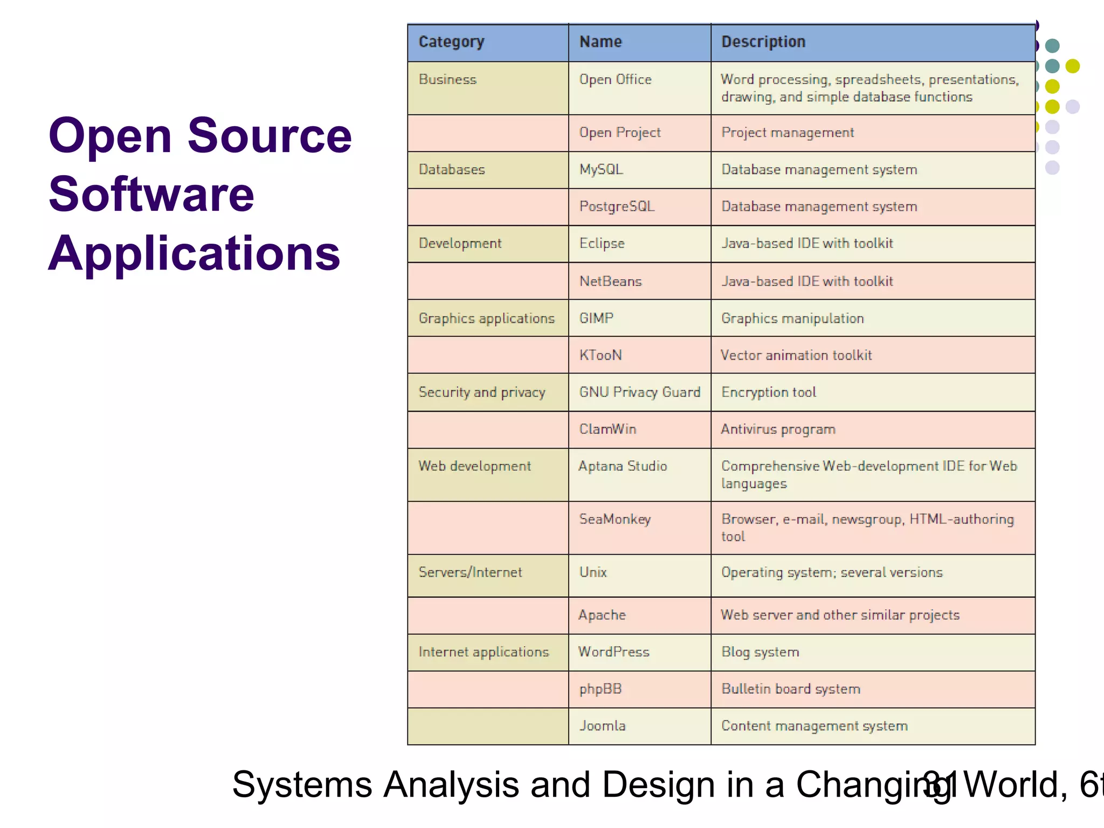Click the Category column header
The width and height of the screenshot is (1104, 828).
pyautogui.click(x=451, y=42)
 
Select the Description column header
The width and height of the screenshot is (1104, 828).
pyautogui.click(x=763, y=42)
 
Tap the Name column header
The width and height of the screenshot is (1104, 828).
pyautogui.click(x=601, y=42)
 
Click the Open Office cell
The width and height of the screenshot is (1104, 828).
pyautogui.click(x=615, y=80)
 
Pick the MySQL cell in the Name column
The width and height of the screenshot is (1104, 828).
pyautogui.click(x=601, y=170)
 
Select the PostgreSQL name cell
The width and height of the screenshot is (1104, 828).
pyautogui.click(x=617, y=206)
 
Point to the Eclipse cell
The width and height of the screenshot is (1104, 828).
pyautogui.click(x=602, y=244)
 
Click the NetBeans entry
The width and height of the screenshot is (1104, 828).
pyautogui.click(x=610, y=281)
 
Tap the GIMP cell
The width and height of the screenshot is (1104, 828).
pyautogui.click(x=596, y=318)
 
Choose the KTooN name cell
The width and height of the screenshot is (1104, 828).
pyautogui.click(x=601, y=355)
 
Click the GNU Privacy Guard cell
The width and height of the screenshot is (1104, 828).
pyautogui.click(x=639, y=392)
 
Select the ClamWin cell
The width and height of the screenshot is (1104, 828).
pyautogui.click(x=608, y=429)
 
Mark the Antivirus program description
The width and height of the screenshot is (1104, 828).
pyautogui.click(x=778, y=430)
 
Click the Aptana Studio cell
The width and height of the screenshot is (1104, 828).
pyautogui.click(x=623, y=466)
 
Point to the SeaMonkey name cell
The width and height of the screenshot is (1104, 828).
pyautogui.click(x=615, y=519)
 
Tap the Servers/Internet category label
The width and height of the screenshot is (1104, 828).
pyautogui.click(x=470, y=572)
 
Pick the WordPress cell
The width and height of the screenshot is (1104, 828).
pyautogui.click(x=613, y=652)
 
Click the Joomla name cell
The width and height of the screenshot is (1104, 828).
pyautogui.click(x=602, y=726)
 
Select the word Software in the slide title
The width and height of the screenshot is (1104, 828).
pyautogui.click(x=151, y=194)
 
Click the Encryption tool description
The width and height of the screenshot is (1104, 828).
pyautogui.click(x=769, y=392)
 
